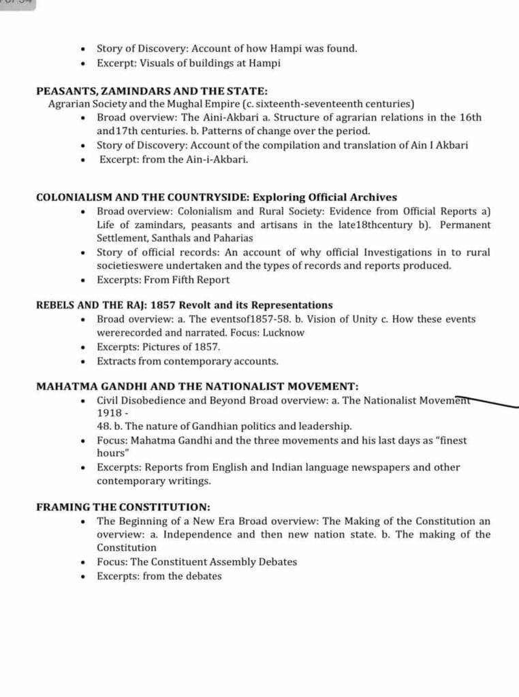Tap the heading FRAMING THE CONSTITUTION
123,507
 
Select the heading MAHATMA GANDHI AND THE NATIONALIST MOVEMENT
197,386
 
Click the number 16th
470,117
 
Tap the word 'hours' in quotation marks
111,453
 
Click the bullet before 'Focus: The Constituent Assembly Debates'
82,562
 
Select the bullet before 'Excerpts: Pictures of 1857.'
82,347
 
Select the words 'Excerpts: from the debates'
159,576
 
